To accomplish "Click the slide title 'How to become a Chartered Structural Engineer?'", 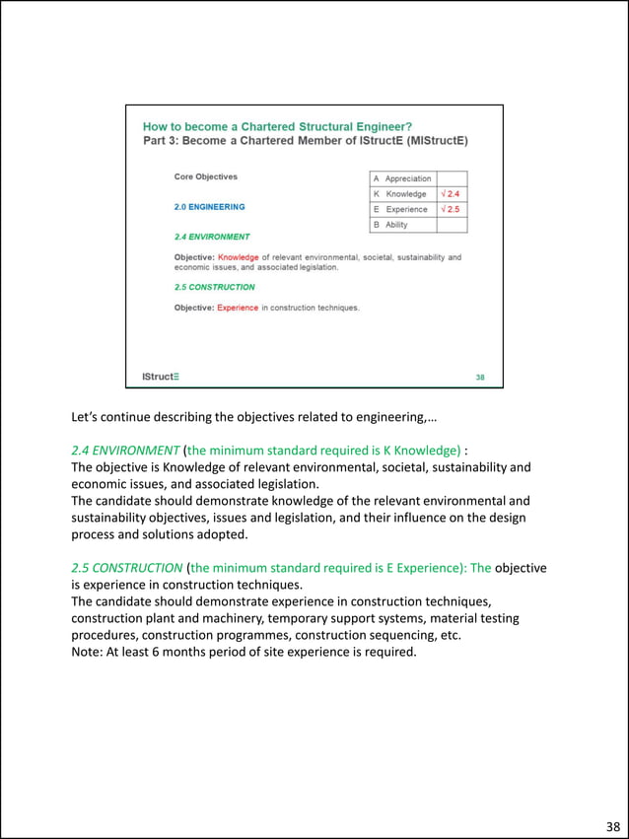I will [x=277, y=126].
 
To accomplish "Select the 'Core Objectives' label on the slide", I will [x=206, y=177].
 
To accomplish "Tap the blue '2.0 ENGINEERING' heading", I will [x=209, y=207].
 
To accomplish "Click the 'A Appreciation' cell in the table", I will [x=402, y=178].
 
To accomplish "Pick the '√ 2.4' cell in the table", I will [x=452, y=194].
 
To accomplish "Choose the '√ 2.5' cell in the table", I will [x=452, y=209].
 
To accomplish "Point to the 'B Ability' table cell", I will [x=402, y=225].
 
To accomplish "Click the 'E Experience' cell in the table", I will [x=402, y=209].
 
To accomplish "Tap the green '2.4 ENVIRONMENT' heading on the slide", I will [x=212, y=237].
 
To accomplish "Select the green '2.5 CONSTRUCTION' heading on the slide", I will [x=215, y=287].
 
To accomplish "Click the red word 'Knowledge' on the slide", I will [x=238, y=258].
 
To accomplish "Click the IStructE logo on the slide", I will [x=161, y=377].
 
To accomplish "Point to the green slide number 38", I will [x=480, y=377].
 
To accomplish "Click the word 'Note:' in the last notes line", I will [x=90, y=652].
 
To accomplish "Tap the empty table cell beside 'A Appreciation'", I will [x=452, y=178].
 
